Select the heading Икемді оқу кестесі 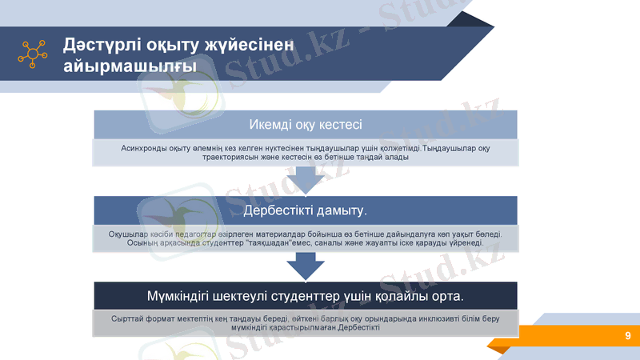(x=305, y=124)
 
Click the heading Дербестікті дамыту (x=305, y=210)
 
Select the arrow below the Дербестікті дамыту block (x=306, y=265)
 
